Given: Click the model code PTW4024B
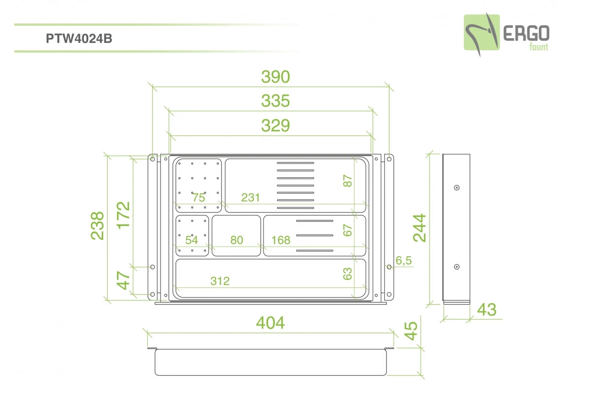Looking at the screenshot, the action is click(79, 38).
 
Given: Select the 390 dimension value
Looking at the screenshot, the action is click(275, 77).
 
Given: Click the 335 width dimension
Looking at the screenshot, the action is click(275, 101).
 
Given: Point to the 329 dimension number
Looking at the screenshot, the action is click(275, 126).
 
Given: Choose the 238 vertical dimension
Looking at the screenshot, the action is click(98, 226).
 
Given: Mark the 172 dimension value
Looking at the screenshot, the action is click(123, 215).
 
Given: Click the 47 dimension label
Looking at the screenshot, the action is click(123, 281).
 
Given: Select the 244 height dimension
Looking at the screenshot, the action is click(420, 228).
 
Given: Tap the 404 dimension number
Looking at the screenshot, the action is click(270, 323).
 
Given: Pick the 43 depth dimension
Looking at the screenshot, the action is click(487, 310).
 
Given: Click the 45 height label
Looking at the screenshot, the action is click(411, 331).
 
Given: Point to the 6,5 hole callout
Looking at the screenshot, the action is click(403, 261).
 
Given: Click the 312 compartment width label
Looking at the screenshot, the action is click(220, 281).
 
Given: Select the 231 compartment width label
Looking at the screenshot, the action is click(251, 197).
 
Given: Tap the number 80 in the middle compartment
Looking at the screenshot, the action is click(237, 240).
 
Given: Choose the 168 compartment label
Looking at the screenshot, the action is click(281, 240).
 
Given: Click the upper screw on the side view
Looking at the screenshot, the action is click(457, 188).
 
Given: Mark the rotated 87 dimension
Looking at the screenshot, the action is click(348, 181).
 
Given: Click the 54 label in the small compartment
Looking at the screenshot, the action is click(192, 240).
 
